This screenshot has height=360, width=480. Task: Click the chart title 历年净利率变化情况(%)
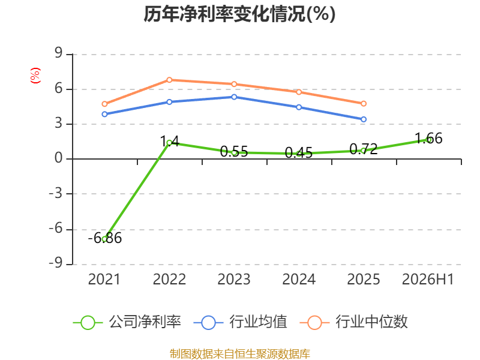[239, 14]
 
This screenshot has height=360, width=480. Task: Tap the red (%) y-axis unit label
[35, 76]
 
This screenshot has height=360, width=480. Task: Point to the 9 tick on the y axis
[58, 53]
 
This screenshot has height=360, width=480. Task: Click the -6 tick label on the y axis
[55, 229]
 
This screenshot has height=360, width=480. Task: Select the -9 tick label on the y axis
[55, 263]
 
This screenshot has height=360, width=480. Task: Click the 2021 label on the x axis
[104, 280]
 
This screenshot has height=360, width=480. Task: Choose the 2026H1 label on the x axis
[428, 280]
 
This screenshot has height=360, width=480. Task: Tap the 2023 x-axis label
[234, 280]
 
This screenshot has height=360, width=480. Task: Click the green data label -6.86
[104, 238]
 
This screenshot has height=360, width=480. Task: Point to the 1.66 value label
[428, 139]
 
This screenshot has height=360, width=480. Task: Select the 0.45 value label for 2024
[298, 153]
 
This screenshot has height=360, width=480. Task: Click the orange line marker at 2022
[169, 80]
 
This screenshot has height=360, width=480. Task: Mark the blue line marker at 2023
[234, 97]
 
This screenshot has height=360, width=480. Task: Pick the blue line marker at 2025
[364, 119]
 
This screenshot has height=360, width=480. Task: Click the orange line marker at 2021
[104, 104]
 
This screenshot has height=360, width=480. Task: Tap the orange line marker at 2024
[299, 92]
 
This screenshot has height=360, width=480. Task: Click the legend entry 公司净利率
[127, 322]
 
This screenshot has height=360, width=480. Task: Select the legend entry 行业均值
[241, 322]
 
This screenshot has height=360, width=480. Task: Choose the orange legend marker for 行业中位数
[314, 323]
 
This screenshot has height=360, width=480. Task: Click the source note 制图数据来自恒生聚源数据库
[240, 354]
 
